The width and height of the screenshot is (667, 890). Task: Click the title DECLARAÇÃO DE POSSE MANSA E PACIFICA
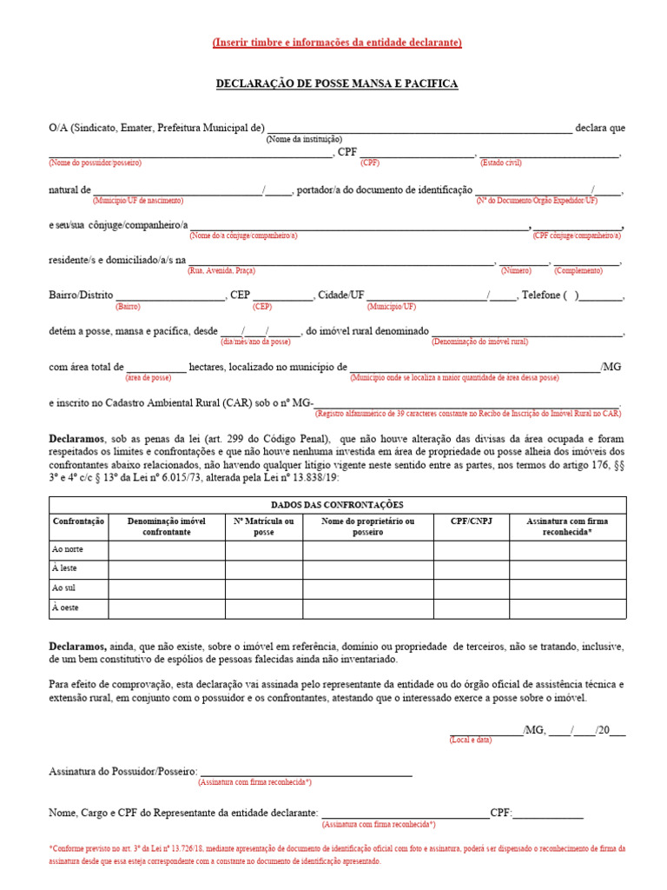pyautogui.click(x=337, y=84)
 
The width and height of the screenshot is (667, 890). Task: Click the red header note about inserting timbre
pyautogui.click(x=337, y=43)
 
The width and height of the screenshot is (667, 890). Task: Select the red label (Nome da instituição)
pyautogui.click(x=304, y=139)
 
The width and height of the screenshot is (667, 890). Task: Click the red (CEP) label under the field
pyautogui.click(x=262, y=307)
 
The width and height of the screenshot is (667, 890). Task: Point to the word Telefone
pyautogui.click(x=541, y=296)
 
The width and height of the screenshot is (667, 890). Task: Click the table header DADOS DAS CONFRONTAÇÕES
pyautogui.click(x=337, y=505)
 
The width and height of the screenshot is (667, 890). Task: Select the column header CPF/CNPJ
pyautogui.click(x=472, y=521)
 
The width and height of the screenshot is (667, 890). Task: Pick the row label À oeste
pyautogui.click(x=66, y=608)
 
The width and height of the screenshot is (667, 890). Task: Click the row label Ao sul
pyautogui.click(x=65, y=589)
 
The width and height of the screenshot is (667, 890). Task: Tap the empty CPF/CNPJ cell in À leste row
pyautogui.click(x=472, y=570)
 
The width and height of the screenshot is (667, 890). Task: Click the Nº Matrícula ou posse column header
pyautogui.click(x=264, y=527)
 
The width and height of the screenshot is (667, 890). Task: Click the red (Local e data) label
pyautogui.click(x=471, y=740)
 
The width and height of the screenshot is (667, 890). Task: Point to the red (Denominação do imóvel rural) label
pyautogui.click(x=480, y=342)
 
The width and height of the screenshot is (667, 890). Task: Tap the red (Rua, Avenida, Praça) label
pyautogui.click(x=221, y=271)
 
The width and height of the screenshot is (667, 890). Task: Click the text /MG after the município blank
pyautogui.click(x=611, y=368)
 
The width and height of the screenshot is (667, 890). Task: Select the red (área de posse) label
pyautogui.click(x=149, y=378)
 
